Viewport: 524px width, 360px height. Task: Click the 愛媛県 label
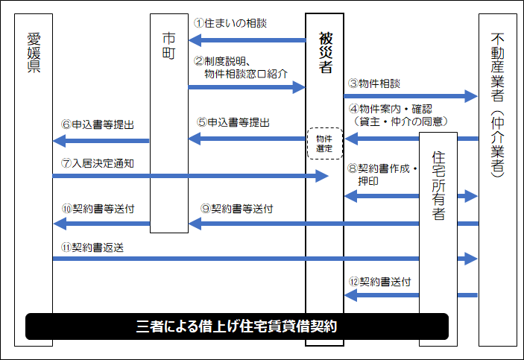34,51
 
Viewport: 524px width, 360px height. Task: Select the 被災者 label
325,52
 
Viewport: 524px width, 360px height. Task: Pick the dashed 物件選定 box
324,143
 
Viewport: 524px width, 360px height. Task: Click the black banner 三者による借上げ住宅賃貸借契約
237,326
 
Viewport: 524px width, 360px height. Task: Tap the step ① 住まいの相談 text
230,23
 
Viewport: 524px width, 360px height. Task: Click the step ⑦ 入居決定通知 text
98,162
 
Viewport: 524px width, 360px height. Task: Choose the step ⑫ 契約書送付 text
379,282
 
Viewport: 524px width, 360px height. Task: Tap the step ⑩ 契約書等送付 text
98,209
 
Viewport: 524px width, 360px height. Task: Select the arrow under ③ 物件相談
410,95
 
